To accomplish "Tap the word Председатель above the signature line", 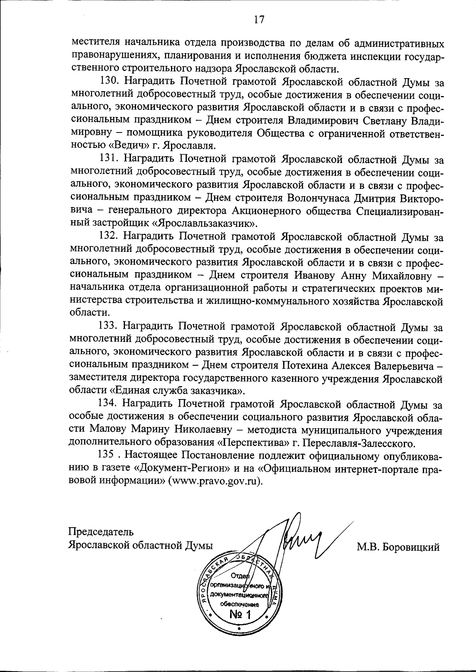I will pos(101,532).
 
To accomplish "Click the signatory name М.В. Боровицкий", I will pos(398,548).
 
